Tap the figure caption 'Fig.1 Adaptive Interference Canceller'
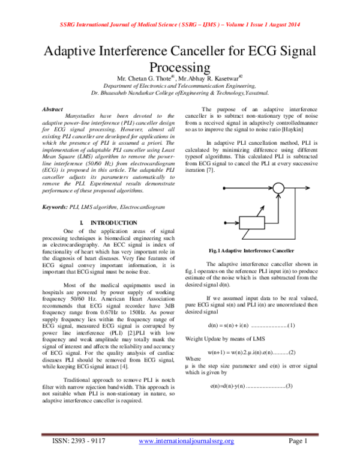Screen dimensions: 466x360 point(251,249)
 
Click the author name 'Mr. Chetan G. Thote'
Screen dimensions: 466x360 point(144,78)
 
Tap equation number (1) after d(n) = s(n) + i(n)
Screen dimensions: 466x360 point(290,325)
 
